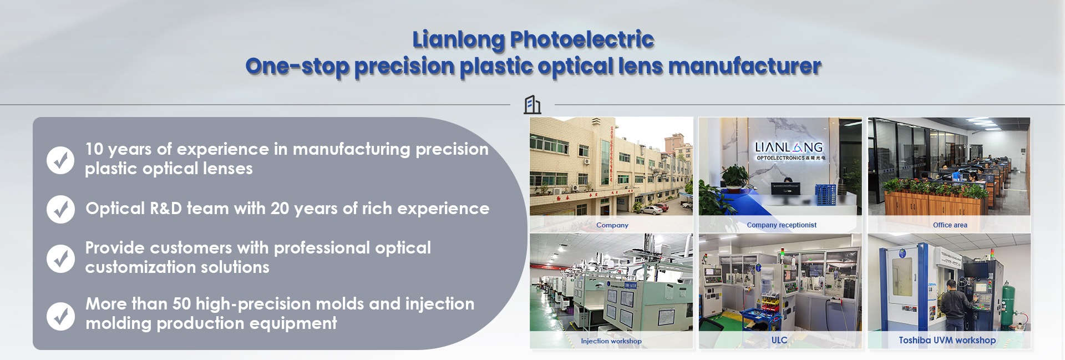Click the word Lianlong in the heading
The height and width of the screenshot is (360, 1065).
(x=459, y=40)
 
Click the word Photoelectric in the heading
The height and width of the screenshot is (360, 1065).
(x=582, y=39)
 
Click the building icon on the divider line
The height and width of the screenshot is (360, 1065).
(x=532, y=104)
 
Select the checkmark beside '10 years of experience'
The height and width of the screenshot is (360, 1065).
(x=60, y=160)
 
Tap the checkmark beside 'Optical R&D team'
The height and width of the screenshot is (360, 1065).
(x=60, y=209)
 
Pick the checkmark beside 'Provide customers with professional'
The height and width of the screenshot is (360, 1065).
(x=60, y=258)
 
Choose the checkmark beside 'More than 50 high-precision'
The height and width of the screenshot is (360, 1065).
(x=60, y=316)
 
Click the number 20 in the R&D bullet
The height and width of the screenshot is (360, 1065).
(x=280, y=209)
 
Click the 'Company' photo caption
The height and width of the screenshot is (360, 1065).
(x=612, y=225)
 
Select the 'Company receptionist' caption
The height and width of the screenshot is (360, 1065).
(x=782, y=225)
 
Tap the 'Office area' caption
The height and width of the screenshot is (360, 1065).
(x=950, y=225)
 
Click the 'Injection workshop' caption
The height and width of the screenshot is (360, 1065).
(x=611, y=341)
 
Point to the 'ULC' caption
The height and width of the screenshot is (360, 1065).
(x=779, y=340)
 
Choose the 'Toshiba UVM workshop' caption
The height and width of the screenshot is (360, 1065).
(x=947, y=340)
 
